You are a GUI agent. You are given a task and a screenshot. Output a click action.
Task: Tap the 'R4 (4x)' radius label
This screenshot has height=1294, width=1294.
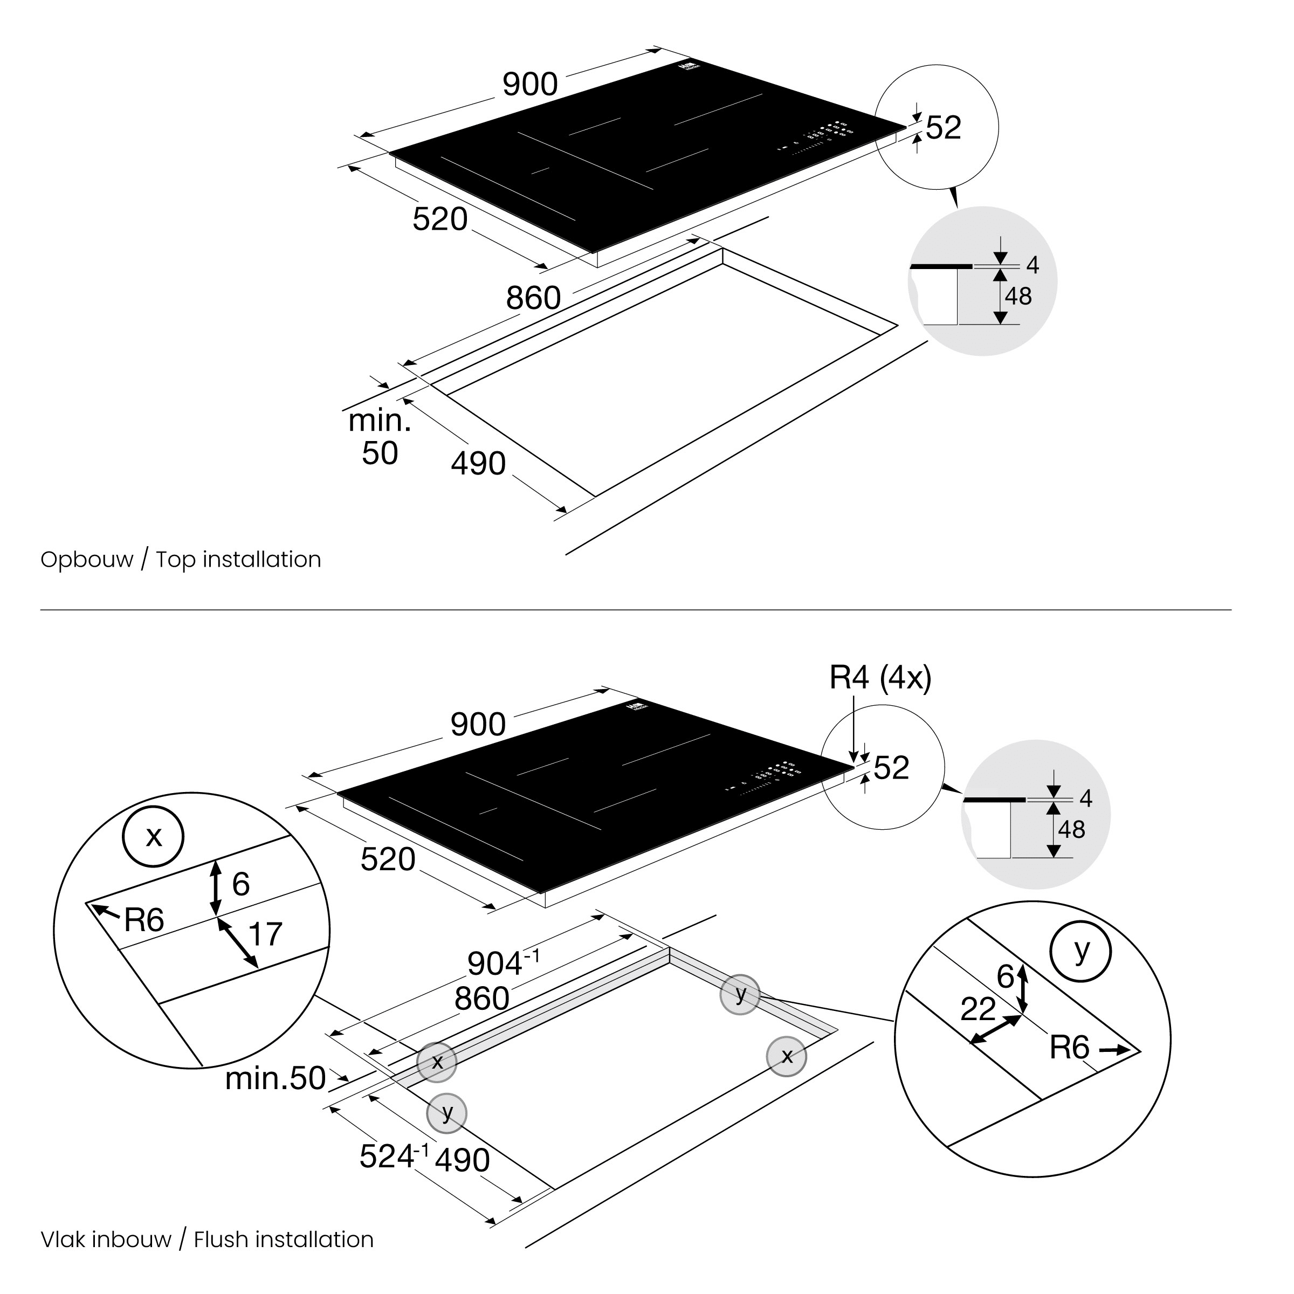[880, 678]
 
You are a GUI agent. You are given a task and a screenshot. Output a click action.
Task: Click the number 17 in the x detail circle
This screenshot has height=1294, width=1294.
[265, 934]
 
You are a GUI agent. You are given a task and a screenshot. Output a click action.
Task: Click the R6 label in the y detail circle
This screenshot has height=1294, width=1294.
[1070, 1048]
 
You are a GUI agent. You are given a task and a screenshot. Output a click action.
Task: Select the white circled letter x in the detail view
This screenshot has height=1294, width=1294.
[153, 837]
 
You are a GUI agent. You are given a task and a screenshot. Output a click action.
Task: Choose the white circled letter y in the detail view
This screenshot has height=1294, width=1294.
[1081, 951]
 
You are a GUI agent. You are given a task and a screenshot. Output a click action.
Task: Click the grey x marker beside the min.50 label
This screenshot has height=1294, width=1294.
[437, 1062]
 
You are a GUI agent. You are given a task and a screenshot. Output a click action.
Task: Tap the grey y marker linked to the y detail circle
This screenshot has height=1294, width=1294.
[740, 995]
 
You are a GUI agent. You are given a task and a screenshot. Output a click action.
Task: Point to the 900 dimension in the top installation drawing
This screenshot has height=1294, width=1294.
[530, 85]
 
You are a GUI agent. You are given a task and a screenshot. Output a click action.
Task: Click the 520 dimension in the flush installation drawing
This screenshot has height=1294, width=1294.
[388, 859]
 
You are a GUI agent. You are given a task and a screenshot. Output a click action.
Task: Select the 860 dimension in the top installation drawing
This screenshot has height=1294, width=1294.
[533, 298]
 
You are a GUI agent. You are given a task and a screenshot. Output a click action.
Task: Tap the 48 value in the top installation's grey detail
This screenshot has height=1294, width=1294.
[1018, 296]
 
